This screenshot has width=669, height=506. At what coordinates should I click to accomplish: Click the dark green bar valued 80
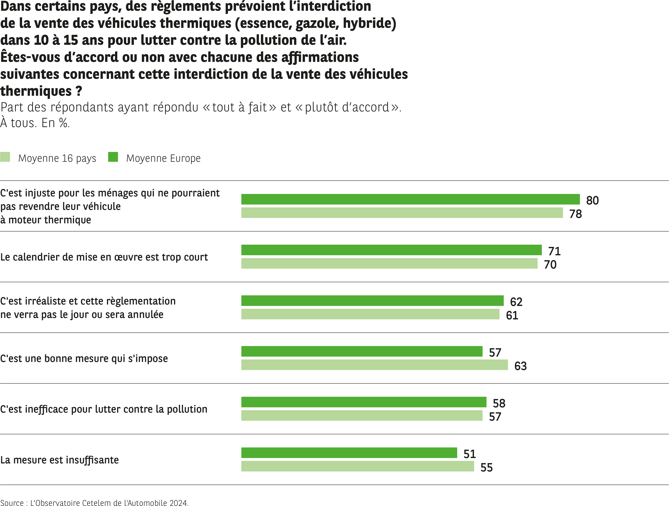410,199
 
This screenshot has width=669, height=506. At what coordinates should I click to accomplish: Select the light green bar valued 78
402,213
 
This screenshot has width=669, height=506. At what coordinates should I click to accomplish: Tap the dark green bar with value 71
391,250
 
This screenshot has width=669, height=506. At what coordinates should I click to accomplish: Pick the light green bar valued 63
375,365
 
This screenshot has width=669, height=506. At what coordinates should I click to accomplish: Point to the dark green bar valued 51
349,453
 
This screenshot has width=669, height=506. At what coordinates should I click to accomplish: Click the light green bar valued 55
358,466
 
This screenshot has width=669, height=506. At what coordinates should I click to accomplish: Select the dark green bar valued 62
372,301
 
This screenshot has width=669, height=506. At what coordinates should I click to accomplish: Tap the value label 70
550,265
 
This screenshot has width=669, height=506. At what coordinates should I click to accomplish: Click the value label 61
512,315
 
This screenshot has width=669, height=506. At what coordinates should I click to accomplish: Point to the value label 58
499,403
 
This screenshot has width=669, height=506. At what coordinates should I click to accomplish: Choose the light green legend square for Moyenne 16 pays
5,157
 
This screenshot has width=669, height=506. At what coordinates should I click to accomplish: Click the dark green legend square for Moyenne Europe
113,157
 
